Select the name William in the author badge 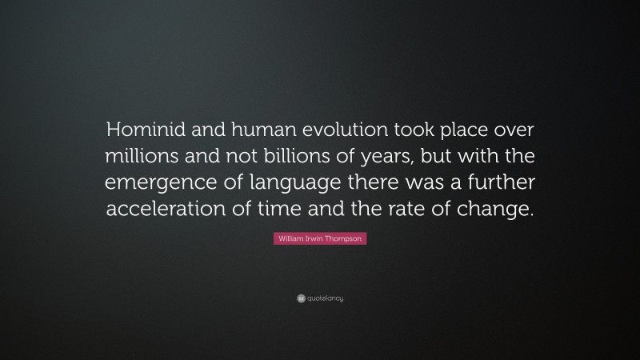tap(289, 239)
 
